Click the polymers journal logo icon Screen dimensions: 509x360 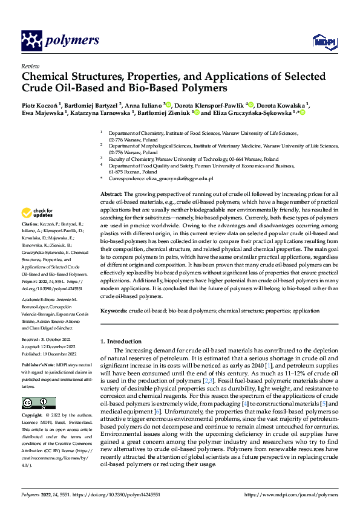31,41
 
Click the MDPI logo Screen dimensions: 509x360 323,41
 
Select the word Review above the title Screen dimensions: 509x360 30,66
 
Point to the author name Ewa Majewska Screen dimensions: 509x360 38,112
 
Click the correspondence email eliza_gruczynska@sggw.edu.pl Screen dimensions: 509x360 178,179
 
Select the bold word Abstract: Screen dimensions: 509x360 113,192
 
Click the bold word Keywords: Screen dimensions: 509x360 114,311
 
